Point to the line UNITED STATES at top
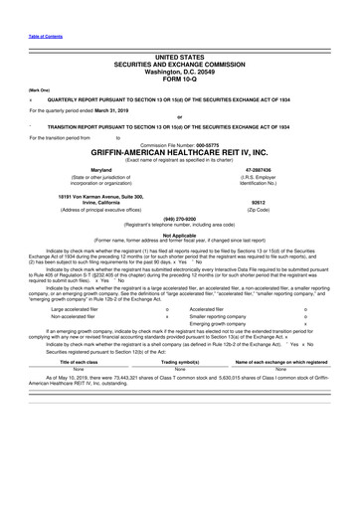point(179,31)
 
